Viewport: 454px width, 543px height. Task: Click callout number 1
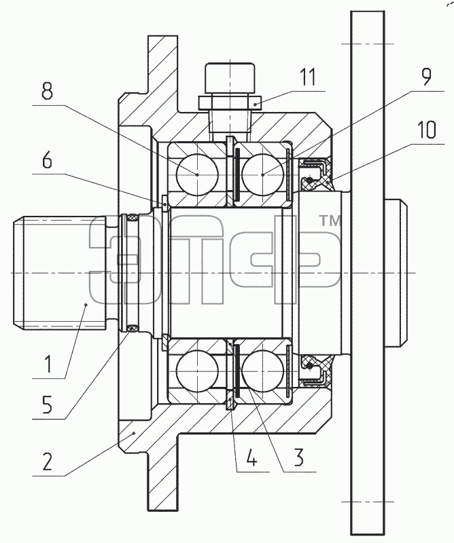pyautogui.click(x=48, y=364)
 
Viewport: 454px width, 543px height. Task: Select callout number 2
pyautogui.click(x=48, y=462)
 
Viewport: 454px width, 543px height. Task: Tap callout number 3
pyautogui.click(x=298, y=457)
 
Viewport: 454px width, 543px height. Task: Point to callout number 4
pyautogui.click(x=251, y=457)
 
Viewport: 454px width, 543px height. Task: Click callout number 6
pyautogui.click(x=48, y=160)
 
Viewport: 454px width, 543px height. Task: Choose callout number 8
pyautogui.click(x=48, y=91)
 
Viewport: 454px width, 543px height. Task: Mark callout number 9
pyautogui.click(x=426, y=77)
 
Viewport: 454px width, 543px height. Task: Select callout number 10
pyautogui.click(x=426, y=130)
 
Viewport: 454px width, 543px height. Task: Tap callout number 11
pyautogui.click(x=308, y=77)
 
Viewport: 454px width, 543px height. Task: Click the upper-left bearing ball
pyautogui.click(x=197, y=175)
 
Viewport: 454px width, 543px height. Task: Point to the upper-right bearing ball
pyautogui.click(x=262, y=175)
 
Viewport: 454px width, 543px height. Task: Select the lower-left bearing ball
pyautogui.click(x=197, y=371)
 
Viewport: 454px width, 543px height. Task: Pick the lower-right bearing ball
pyautogui.click(x=262, y=371)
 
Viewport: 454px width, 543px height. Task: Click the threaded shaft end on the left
pyautogui.click(x=59, y=274)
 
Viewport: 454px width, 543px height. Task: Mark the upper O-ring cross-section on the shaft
pyautogui.click(x=133, y=218)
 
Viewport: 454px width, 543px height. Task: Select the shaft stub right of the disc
pyautogui.click(x=396, y=274)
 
